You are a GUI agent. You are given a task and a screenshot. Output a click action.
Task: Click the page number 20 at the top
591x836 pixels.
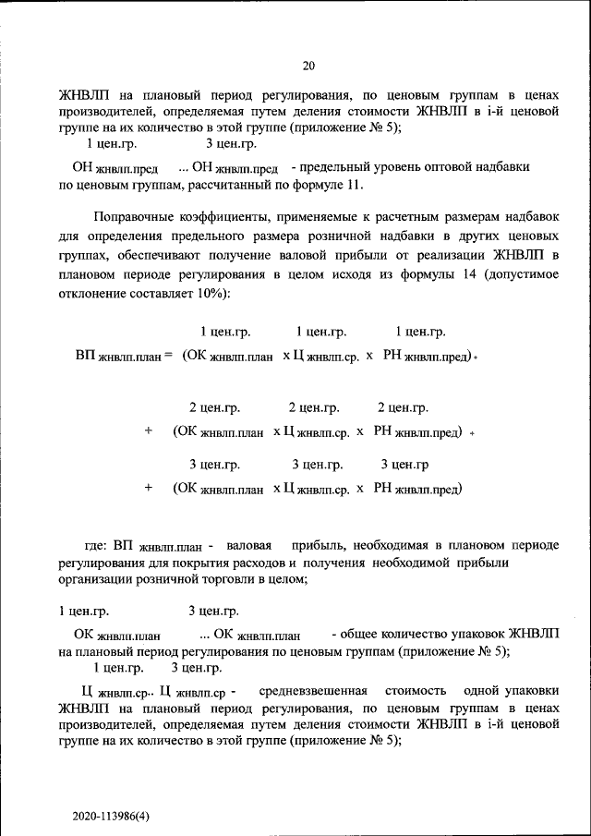[308, 65]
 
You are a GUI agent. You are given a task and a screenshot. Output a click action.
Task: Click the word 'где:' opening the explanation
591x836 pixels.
[97, 545]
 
